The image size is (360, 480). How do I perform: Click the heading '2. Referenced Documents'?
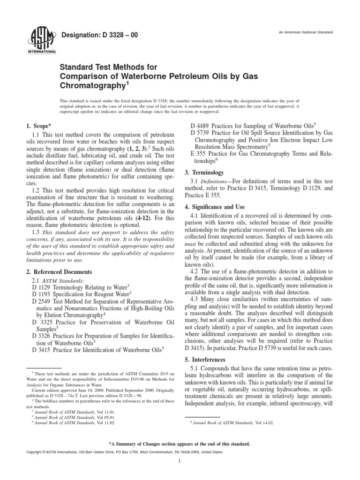[59, 272]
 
